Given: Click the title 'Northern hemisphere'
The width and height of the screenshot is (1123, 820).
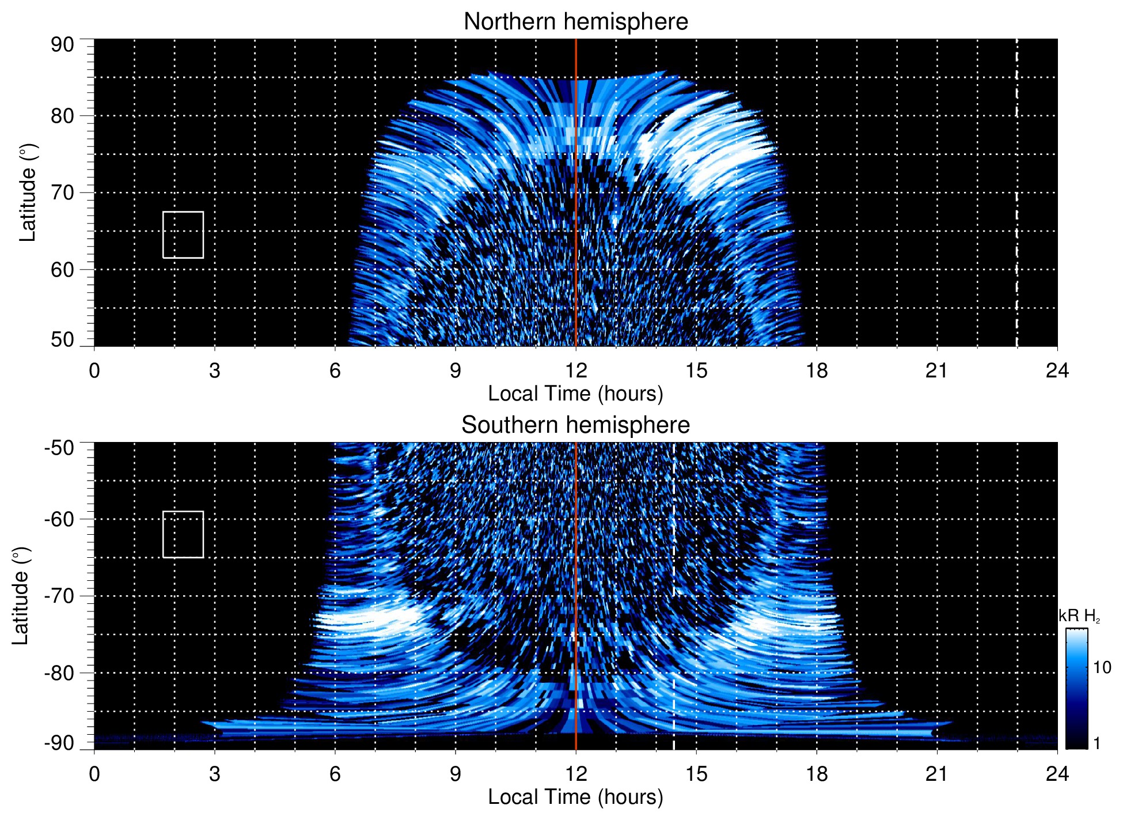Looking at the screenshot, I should [575, 22].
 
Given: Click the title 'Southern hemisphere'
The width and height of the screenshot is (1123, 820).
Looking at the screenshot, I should [575, 425].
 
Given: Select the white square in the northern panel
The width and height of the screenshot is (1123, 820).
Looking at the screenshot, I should [183, 235].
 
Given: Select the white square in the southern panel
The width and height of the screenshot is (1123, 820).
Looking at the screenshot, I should [183, 534].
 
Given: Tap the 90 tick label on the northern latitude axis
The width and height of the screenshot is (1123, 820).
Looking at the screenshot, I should [62, 45].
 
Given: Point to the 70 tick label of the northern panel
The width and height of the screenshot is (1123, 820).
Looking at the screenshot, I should [62, 192].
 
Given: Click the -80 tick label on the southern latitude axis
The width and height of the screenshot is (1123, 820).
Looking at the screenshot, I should [59, 673].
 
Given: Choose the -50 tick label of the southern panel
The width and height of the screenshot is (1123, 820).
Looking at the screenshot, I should [59, 448].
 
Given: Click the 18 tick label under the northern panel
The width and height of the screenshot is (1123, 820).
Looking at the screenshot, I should [816, 371].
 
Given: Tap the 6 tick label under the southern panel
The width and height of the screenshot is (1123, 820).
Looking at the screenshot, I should [335, 774].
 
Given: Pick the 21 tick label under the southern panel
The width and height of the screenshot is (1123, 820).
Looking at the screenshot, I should [936, 774].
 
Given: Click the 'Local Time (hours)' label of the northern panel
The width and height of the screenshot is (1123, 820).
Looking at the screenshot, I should [575, 394].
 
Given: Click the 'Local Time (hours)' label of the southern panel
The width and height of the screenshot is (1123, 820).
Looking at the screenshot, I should [575, 797].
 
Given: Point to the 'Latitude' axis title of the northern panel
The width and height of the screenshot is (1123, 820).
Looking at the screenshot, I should [28, 192].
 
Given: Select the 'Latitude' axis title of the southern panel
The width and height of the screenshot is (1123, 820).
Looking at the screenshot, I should [21, 596].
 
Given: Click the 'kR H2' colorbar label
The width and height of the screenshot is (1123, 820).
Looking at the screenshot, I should [1079, 616].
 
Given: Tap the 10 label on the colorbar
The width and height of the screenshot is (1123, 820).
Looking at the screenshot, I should [1102, 667].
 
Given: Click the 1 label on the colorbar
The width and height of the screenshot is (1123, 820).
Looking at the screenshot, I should [1097, 743].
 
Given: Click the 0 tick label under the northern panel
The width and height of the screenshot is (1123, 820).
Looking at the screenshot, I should [94, 371].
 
